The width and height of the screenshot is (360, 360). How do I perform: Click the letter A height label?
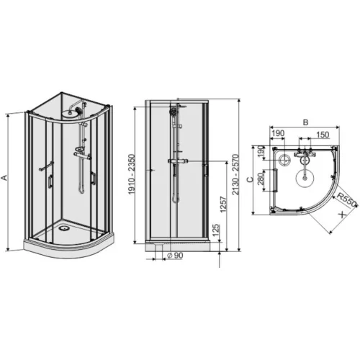click(4, 178)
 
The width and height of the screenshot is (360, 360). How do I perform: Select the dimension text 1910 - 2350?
click(132, 174)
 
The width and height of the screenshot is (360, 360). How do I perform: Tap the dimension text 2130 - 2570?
click(236, 174)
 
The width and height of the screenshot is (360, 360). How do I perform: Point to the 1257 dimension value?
click(223, 204)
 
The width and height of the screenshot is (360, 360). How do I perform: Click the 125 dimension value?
click(216, 230)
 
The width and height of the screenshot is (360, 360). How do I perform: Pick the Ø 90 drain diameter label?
click(175, 256)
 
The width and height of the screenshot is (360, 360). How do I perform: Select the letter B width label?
click(305, 122)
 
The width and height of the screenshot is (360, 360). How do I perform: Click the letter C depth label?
click(250, 179)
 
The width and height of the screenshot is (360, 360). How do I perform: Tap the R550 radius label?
click(346, 199)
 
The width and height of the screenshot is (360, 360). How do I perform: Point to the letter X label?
click(343, 215)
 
